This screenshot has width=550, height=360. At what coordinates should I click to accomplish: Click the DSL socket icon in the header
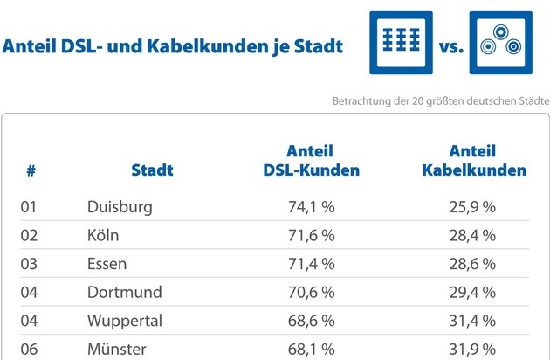401,43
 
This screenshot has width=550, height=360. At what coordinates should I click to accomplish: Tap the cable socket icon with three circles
501,43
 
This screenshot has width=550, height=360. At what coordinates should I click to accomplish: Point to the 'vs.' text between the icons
451,46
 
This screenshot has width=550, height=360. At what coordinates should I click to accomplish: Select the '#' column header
31,170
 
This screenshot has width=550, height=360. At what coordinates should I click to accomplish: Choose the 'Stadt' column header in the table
152,170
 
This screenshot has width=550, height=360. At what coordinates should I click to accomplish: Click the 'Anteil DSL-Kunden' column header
311,161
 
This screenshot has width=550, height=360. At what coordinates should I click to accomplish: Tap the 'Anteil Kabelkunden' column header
474,161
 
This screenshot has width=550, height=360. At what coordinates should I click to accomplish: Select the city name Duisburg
120,207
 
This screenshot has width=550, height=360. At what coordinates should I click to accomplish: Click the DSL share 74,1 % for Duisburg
311,207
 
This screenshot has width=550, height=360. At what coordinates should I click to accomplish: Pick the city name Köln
103,235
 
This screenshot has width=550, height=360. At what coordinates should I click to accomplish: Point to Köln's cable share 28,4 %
472,236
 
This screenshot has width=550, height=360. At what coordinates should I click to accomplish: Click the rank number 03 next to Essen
29,264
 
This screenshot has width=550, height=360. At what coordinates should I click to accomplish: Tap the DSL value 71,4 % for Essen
311,264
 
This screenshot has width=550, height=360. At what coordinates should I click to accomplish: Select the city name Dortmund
125,292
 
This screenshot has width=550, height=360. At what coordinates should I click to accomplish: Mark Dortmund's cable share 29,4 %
472,293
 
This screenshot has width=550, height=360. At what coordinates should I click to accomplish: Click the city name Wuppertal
125,322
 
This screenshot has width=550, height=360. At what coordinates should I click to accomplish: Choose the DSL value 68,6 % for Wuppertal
311,321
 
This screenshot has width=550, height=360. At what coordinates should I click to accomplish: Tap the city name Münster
117,350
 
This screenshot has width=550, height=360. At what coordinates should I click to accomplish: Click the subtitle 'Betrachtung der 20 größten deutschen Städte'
441,101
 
